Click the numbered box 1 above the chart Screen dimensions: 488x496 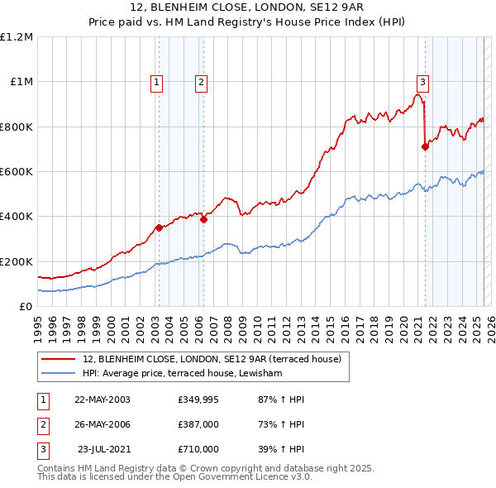click(157, 82)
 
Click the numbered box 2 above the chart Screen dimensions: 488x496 click(202, 82)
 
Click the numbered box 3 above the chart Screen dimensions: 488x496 click(422, 82)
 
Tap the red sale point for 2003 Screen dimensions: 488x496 click(159, 227)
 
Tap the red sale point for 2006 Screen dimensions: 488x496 click(203, 219)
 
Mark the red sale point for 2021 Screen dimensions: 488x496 click(425, 147)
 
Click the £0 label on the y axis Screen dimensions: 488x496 click(25, 306)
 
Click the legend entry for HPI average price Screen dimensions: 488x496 click(182, 374)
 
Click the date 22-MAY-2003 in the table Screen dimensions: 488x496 click(103, 399)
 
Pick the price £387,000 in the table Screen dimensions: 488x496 click(198, 424)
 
